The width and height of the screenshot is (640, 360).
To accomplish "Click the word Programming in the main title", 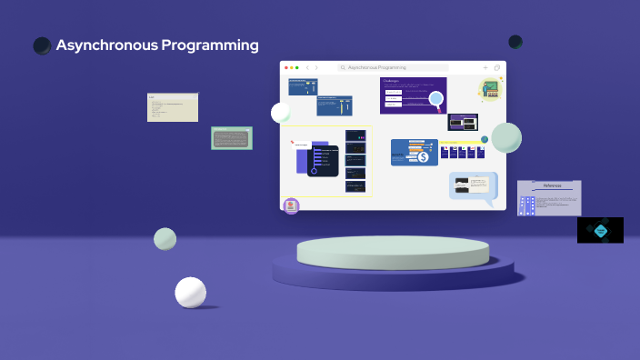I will coord(209,45).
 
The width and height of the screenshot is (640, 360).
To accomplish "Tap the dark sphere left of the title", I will coord(42,45).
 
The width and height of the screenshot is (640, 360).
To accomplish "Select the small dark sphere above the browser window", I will coord(515,42).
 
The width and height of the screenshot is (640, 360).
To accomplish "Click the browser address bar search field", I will coord(393,67).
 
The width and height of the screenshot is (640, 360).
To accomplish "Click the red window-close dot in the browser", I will coord(286,67).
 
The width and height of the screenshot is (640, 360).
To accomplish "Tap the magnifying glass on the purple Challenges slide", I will coord(435,99).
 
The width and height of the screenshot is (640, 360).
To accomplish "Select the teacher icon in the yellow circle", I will coord(491,89).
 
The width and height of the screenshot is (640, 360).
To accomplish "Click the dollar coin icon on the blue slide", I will coord(423,156).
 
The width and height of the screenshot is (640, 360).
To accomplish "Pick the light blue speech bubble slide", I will coord(473,185).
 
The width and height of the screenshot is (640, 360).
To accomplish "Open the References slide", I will coord(549,197).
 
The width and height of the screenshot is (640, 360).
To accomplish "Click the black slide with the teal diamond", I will coord(600,230).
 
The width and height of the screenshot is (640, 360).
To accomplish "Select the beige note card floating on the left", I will coord(173,107).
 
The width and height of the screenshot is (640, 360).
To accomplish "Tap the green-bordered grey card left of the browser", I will coord(231,138).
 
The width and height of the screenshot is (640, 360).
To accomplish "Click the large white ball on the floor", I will coord(191,293).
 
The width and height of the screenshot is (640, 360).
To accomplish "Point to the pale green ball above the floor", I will coord(165,239).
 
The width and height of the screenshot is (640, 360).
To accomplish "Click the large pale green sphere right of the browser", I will coord(506,137).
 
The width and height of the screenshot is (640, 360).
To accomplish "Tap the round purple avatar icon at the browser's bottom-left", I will coord(291,206).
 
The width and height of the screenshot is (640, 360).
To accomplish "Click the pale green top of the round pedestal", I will coord(393,252).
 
